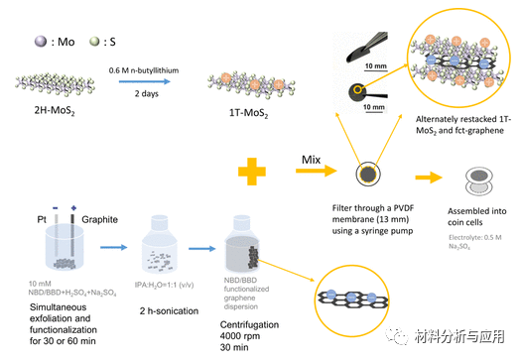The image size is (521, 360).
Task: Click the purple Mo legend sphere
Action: click(41, 43)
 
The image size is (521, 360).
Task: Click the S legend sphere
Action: click(96, 43)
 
